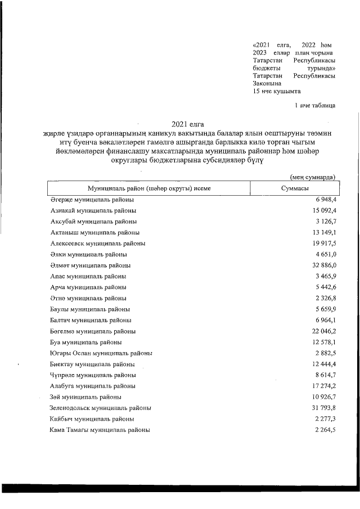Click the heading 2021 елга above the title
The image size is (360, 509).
pos(187,124)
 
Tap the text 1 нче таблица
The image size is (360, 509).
pos(315,105)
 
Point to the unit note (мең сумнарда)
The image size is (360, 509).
pos(312,177)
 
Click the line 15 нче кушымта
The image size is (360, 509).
pos(277,91)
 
